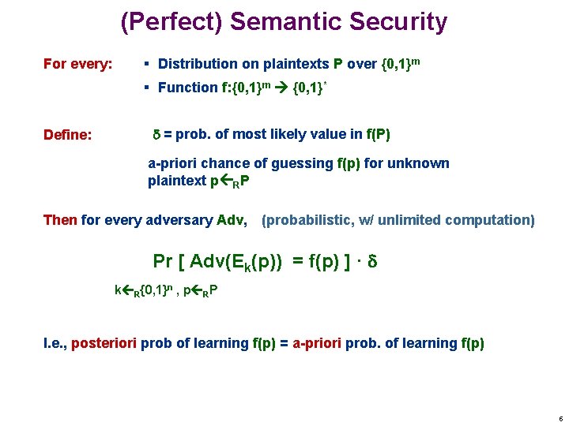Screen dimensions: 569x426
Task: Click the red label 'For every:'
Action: pos(77,64)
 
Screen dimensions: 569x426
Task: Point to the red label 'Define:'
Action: pos(68,135)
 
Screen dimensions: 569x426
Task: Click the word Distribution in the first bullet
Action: pos(197,64)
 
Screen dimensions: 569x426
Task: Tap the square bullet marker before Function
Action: pos(148,88)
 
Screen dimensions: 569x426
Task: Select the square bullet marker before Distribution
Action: pos(148,64)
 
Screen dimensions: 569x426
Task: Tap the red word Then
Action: pos(60,220)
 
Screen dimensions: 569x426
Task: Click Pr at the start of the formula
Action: pos(162,261)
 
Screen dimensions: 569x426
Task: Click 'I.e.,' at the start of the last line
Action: pos(55,343)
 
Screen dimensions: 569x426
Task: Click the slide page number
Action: pos(560,419)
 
